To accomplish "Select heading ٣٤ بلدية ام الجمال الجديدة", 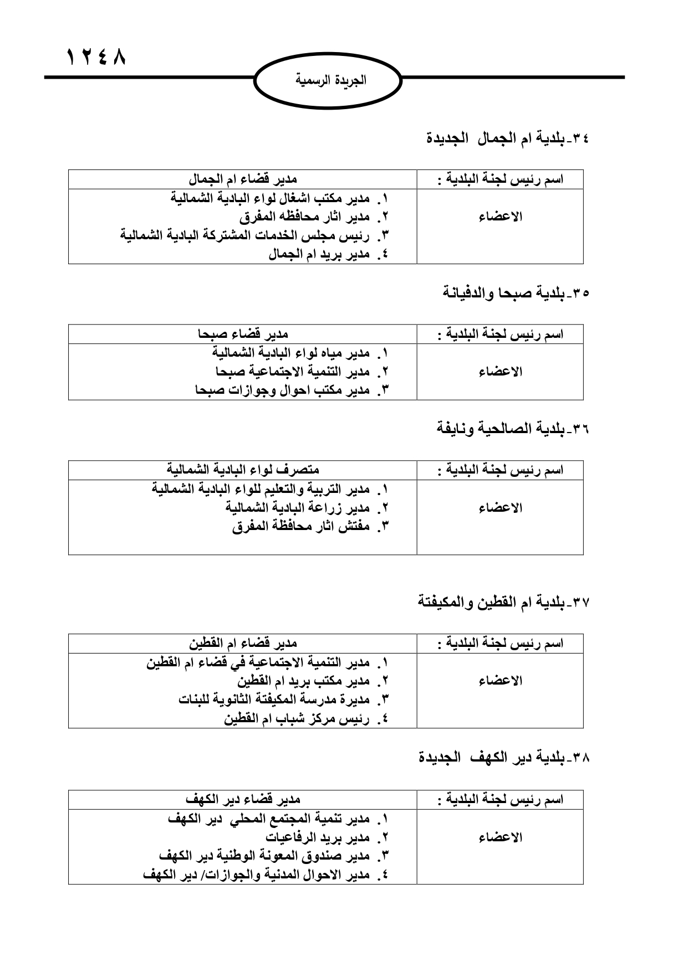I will coord(507,138).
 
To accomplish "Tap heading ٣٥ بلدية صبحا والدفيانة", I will coord(516,292).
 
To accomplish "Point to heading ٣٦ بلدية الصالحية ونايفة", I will coord(512,429).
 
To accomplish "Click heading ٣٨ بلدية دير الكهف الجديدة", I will coord(504,757).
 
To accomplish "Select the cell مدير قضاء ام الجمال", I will coord(243,179).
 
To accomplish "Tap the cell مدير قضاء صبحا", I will coord(243,334).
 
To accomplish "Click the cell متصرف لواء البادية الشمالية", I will coord(243,470).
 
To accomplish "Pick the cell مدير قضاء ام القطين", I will coord(243,643).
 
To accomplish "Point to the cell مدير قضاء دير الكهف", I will coord(243,799).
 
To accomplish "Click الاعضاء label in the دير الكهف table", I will coord(500,837).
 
